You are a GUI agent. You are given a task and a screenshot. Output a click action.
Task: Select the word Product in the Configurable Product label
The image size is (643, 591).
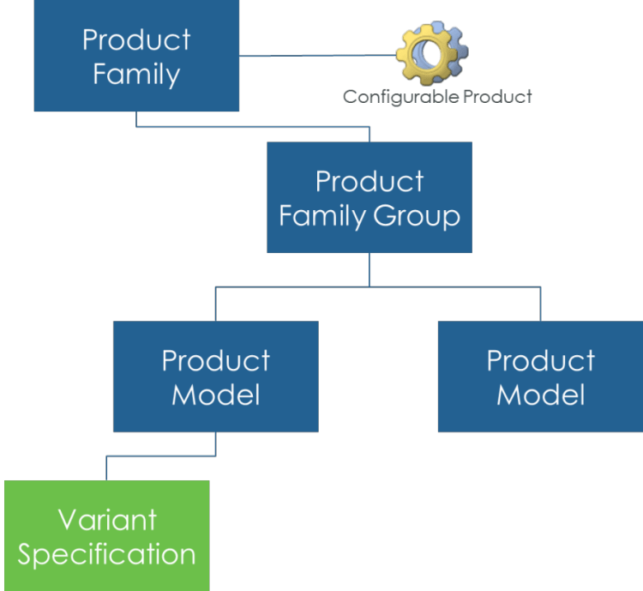point(496,96)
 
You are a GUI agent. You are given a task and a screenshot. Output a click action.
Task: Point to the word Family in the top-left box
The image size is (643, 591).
point(136,75)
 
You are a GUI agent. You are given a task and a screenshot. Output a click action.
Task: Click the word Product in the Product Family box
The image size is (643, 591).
point(136,39)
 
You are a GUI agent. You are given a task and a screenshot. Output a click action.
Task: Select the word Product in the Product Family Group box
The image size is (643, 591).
point(370,182)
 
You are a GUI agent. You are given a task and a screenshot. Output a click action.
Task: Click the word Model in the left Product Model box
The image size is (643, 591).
point(215,395)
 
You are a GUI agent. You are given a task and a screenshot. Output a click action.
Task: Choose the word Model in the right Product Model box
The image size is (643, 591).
point(540,395)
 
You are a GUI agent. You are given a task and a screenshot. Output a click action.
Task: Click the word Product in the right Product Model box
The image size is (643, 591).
point(540,360)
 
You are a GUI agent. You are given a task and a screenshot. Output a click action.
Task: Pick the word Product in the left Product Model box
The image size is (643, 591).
point(215,360)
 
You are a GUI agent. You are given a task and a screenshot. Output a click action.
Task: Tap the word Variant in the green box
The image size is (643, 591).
point(107,520)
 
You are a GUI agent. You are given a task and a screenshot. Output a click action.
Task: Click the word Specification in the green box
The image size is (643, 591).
point(107,554)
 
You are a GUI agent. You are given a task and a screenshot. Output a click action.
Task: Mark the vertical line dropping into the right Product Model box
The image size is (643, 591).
point(540,304)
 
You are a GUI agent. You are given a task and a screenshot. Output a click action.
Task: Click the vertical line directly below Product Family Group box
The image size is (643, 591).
point(370,269)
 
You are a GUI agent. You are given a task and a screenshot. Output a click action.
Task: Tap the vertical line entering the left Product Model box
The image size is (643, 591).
point(215,304)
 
